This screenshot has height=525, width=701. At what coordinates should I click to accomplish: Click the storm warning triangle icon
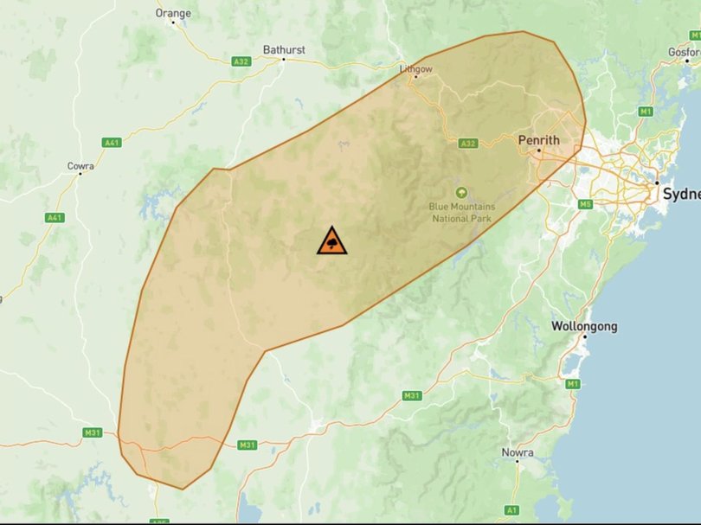pyautogui.click(x=331, y=241)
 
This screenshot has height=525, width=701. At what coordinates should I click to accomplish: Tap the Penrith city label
pyautogui.click(x=538, y=140)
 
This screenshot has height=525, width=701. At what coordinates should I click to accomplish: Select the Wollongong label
pyautogui.click(x=584, y=326)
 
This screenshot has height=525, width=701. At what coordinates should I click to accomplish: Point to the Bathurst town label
pyautogui.click(x=283, y=50)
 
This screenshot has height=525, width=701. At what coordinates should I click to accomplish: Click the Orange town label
pyautogui.click(x=172, y=13)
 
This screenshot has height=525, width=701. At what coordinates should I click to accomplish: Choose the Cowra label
pyautogui.click(x=80, y=164)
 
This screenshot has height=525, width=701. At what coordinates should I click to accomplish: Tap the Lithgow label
pyautogui.click(x=415, y=68)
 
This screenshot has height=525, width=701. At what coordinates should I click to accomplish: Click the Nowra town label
pyautogui.click(x=518, y=452)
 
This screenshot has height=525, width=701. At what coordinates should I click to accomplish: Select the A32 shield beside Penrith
pyautogui.click(x=467, y=143)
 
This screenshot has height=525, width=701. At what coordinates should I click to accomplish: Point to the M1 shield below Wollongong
pyautogui.click(x=572, y=383)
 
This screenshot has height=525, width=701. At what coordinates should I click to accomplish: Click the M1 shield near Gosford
pyautogui.click(x=646, y=112)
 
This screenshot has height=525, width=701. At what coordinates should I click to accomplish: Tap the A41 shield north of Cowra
pyautogui.click(x=112, y=142)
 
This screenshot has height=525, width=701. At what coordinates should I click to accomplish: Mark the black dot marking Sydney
pyautogui.click(x=657, y=183)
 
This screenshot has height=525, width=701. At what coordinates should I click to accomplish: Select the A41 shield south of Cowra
pyautogui.click(x=55, y=217)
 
